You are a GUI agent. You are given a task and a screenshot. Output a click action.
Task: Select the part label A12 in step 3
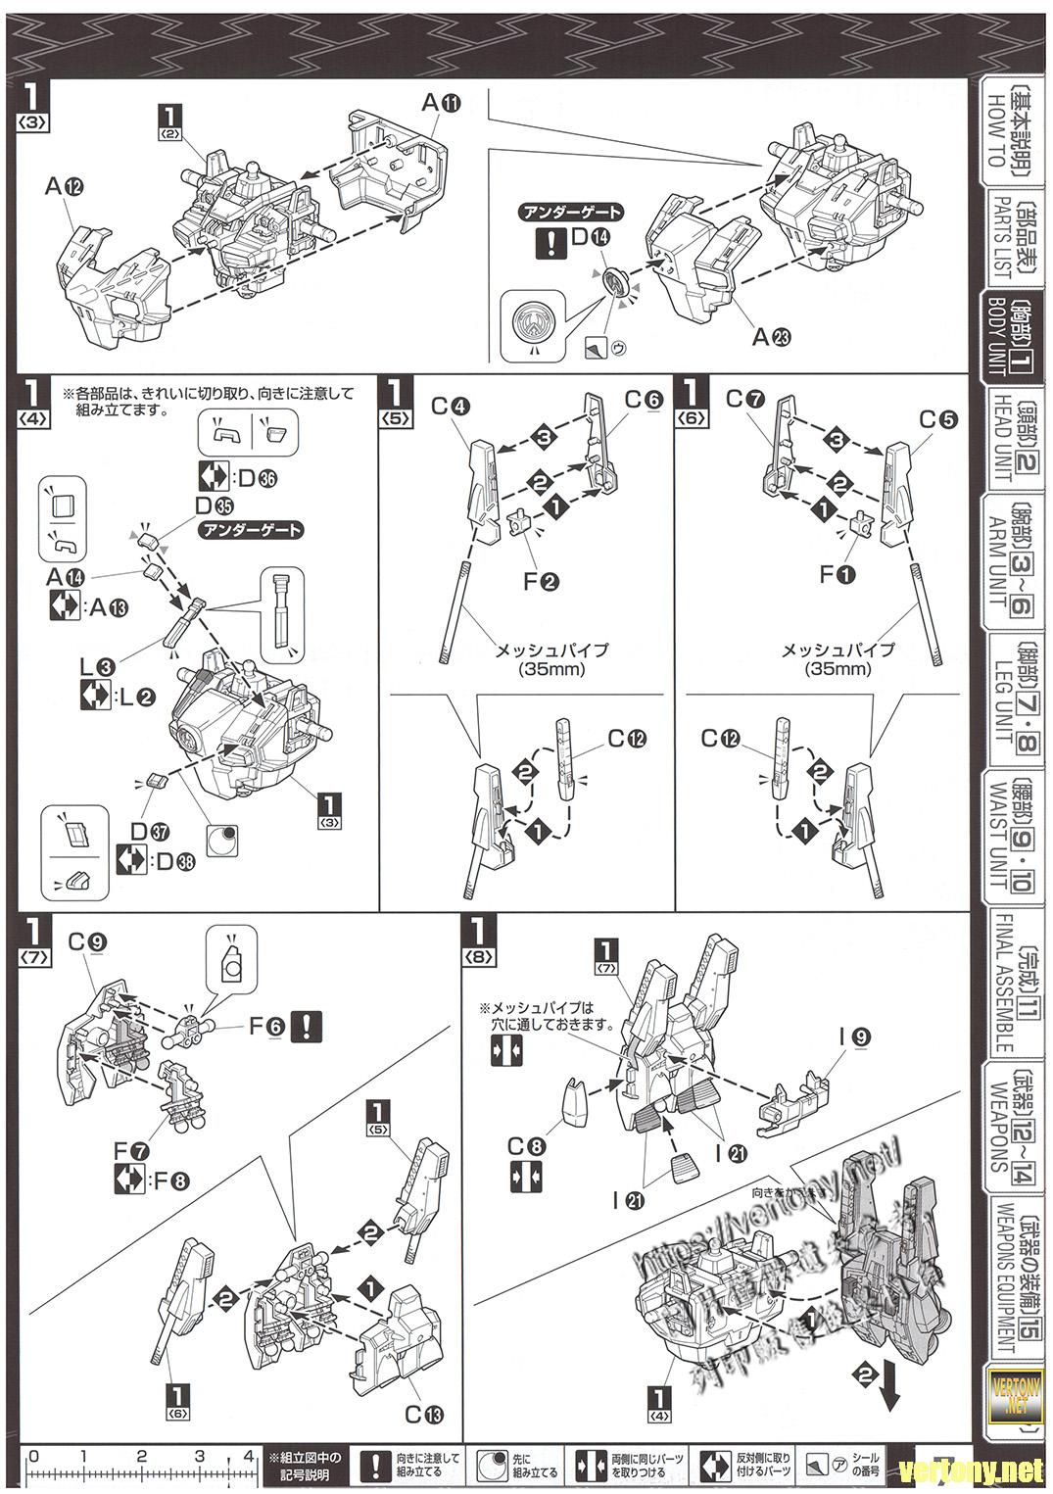pos(65,184)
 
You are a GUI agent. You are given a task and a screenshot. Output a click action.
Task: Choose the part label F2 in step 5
pos(539,581)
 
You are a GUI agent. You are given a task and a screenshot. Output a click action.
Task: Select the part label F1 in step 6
pos(838,575)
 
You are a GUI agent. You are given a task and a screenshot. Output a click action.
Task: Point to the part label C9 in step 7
pos(86,941)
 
